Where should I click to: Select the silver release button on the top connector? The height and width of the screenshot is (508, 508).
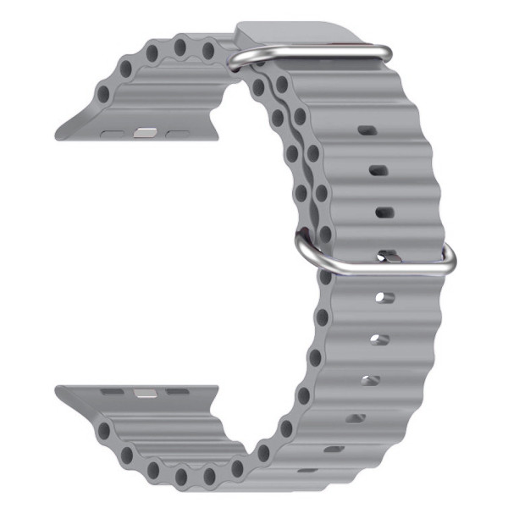tap(146, 132)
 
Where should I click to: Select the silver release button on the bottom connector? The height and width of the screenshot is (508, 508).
tap(146, 393)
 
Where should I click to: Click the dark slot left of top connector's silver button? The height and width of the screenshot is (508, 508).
tap(113, 132)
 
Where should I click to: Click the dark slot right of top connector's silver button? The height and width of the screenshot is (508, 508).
tap(177, 132)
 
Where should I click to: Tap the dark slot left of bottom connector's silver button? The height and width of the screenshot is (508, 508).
tap(113, 393)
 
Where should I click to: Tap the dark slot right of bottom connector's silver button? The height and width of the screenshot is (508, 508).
tap(177, 393)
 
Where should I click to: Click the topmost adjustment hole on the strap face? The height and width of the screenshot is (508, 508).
tap(367, 130)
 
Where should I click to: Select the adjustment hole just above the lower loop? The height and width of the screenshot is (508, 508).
tap(384, 212)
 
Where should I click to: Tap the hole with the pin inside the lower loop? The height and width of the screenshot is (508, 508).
tap(387, 254)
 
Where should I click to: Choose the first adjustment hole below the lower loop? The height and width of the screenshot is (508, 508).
tap(384, 298)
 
